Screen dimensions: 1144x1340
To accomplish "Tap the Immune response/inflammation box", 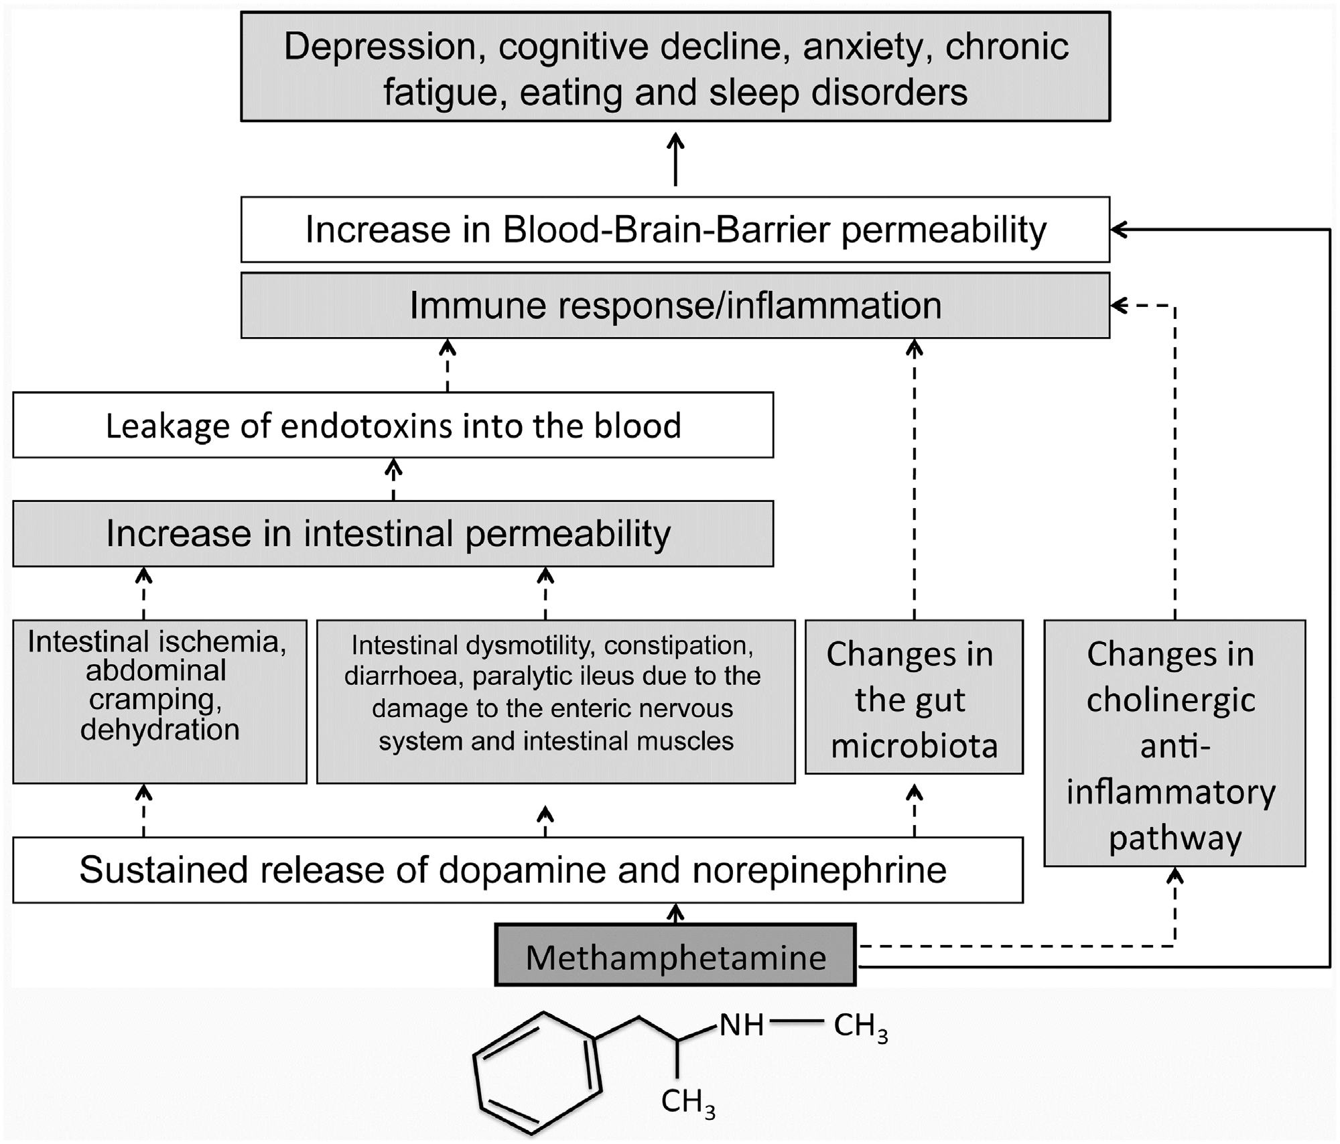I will (675, 306).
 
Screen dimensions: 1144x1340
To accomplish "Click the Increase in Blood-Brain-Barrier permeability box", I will (675, 230).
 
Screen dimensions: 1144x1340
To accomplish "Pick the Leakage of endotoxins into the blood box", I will (393, 426).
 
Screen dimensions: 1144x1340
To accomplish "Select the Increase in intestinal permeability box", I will (393, 534).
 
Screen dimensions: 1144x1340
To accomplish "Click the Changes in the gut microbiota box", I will (914, 698).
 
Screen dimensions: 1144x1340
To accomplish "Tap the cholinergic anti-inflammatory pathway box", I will (1175, 744).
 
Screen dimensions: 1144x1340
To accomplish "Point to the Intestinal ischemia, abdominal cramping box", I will (159, 701).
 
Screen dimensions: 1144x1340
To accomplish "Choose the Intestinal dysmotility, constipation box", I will (555, 701).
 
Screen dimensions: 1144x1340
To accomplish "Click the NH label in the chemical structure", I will (742, 1025).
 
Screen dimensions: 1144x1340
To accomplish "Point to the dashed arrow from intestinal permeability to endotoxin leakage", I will (393, 479).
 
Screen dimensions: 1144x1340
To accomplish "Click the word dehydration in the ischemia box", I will (159, 730).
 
